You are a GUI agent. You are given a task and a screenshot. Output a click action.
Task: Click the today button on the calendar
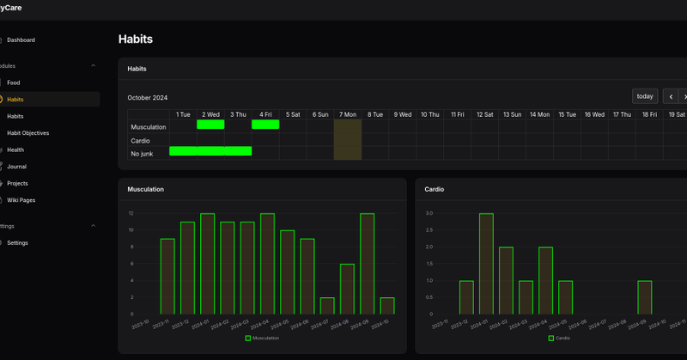pyautogui.click(x=645, y=96)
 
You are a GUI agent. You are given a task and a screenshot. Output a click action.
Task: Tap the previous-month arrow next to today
pyautogui.click(x=669, y=96)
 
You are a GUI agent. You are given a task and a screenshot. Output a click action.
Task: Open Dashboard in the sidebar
pyautogui.click(x=21, y=40)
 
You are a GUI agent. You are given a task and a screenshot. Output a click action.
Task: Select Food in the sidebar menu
pyautogui.click(x=14, y=82)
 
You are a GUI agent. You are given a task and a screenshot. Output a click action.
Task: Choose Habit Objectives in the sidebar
pyautogui.click(x=27, y=133)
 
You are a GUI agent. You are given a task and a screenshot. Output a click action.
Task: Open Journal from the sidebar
pyautogui.click(x=17, y=167)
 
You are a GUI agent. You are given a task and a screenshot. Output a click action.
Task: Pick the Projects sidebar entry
pyautogui.click(x=17, y=183)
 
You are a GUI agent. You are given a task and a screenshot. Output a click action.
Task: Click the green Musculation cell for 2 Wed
pyautogui.click(x=210, y=125)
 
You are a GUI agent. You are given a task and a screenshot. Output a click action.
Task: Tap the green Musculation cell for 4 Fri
pyautogui.click(x=265, y=125)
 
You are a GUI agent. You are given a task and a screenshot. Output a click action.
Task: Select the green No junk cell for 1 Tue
pyautogui.click(x=183, y=151)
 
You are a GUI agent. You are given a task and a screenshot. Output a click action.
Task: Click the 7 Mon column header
pyautogui.click(x=348, y=113)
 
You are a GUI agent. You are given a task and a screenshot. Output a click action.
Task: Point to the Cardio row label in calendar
pyautogui.click(x=140, y=140)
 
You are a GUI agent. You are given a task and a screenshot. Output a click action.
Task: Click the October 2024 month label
pyautogui.click(x=148, y=97)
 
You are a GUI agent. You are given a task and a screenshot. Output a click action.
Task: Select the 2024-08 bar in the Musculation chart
pyautogui.click(x=347, y=289)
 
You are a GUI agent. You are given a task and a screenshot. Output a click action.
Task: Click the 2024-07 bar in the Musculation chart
pyautogui.click(x=327, y=305)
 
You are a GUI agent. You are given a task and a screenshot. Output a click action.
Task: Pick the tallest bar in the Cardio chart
pyautogui.click(x=486, y=264)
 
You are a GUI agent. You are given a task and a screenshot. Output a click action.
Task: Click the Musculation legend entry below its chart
pyautogui.click(x=263, y=338)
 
